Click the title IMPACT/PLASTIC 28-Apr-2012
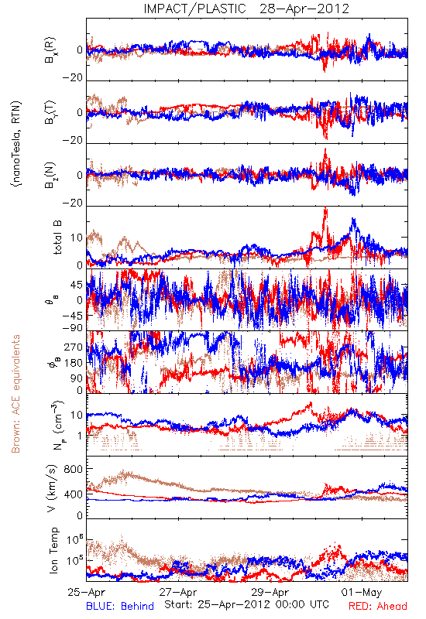[x=246, y=9]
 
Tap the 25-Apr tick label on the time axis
[x=86, y=592]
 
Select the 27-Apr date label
[x=178, y=592]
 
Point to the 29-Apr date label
[x=270, y=592]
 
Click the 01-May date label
[x=362, y=592]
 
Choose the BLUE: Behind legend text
[x=120, y=606]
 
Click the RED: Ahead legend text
[x=377, y=606]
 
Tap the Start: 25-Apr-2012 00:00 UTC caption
[x=246, y=604]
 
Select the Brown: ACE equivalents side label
[x=15, y=394]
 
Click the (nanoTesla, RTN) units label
[x=16, y=143]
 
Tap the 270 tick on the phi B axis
[x=73, y=347]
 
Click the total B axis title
[x=57, y=238]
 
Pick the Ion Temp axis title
[x=53, y=550]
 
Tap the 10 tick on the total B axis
[x=77, y=238]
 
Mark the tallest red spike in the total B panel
[x=325, y=208]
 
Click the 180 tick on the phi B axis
[x=73, y=363]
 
